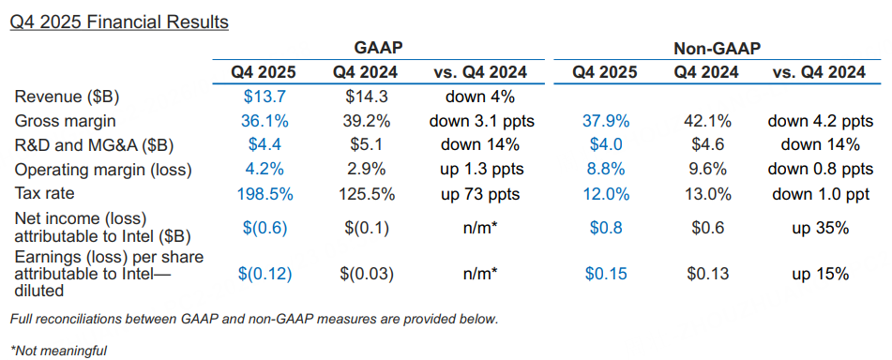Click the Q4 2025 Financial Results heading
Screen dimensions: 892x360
pos(119,22)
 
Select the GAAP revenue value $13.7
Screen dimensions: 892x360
pos(263,97)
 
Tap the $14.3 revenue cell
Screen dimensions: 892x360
pos(367,97)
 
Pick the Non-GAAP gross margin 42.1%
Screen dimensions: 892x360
pos(707,121)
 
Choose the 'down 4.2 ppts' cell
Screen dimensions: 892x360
pos(821,121)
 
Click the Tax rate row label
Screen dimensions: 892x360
pos(45,193)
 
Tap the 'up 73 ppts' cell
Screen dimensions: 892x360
pos(479,194)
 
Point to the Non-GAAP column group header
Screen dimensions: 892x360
pos(717,49)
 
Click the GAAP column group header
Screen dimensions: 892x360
pos(378,49)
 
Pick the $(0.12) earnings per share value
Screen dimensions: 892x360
pos(265,274)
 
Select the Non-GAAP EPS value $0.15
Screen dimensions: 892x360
pos(606,274)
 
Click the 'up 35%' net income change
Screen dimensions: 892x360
pos(821,229)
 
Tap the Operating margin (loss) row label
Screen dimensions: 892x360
pos(103,170)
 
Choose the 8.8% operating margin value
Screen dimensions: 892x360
pos(606,169)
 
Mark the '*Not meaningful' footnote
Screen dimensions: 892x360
pos(58,351)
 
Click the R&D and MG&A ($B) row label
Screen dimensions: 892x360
pos(94,145)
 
